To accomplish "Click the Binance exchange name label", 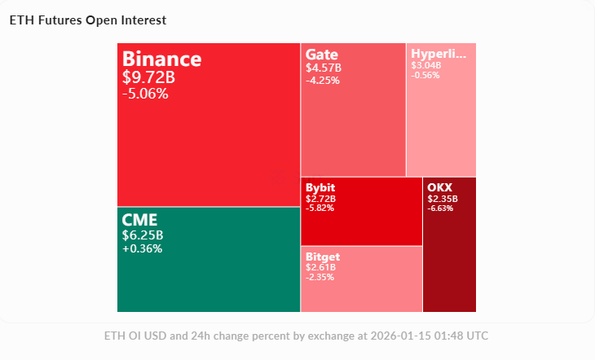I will pos(161,59).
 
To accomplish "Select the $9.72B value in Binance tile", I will pos(148,77).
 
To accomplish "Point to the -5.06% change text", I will pos(145,94).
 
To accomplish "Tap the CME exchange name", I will pos(139,220).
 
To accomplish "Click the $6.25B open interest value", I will pos(143,235).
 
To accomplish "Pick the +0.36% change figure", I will pos(142,248).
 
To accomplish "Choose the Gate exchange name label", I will pos(322,55).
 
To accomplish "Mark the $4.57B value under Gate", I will pos(323,68).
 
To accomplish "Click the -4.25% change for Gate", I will pos(323,80).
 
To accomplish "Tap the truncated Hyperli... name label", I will pos(439,55).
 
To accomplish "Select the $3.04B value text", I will pos(426,65).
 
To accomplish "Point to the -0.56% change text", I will pos(425,75).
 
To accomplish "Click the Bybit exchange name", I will pos(320,188).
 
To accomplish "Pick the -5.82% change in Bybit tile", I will pos(320,208).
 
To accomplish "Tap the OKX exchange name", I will pos(439,188).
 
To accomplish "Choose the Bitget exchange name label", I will pos(323,257).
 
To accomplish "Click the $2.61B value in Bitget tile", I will pos(320,267).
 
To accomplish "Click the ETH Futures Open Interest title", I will pos(87,20).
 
